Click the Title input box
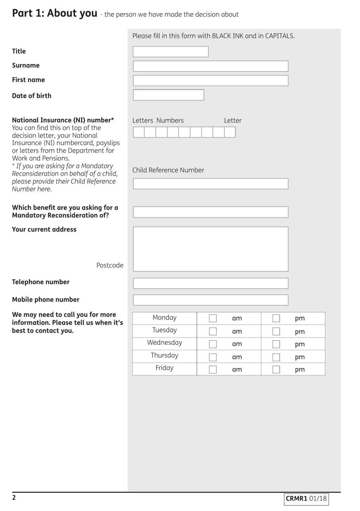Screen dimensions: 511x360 tap(171, 52)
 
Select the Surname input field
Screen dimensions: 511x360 tap(210, 66)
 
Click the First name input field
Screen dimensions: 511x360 tap(210, 81)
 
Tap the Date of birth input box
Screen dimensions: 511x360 tap(168, 95)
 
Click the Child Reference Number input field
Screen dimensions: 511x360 tap(210, 184)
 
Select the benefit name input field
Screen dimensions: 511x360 tap(210, 212)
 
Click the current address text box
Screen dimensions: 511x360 tap(210, 249)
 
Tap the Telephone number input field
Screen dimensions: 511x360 tap(210, 283)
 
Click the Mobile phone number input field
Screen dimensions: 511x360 tap(210, 300)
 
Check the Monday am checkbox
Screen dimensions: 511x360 tap(213, 319)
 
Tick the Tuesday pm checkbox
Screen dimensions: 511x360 tap(276, 331)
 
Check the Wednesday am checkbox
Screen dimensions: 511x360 tap(213, 344)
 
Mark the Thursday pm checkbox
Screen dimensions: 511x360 tap(276, 357)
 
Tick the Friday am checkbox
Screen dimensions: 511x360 tap(213, 370)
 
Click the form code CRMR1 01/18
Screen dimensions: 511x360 tap(306, 499)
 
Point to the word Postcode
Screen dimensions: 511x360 tap(110, 266)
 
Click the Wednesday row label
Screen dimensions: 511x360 tap(164, 343)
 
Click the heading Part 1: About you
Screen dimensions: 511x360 tap(55, 13)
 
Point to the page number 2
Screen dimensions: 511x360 tap(14, 498)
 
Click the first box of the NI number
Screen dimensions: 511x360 tap(139, 132)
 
